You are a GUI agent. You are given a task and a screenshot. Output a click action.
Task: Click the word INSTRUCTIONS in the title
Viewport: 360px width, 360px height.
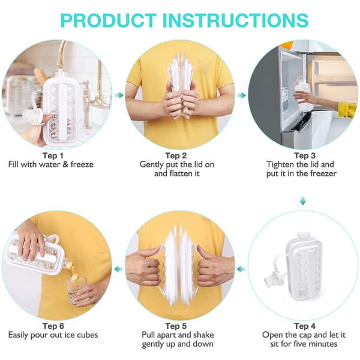[235, 20]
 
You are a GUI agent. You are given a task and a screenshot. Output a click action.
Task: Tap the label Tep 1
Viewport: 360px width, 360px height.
[53, 155]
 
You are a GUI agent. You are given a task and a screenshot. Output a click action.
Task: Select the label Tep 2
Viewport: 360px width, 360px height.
[176, 155]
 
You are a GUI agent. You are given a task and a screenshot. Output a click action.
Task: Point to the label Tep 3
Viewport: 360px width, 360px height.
[305, 155]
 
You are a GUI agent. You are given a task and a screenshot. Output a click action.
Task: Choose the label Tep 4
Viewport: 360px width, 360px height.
[305, 326]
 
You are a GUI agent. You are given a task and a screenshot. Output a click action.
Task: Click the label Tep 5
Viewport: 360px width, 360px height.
[176, 326]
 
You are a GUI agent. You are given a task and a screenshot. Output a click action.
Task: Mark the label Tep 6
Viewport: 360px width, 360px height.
[53, 326]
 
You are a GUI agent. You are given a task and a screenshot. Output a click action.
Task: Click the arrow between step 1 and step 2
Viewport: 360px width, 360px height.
[119, 95]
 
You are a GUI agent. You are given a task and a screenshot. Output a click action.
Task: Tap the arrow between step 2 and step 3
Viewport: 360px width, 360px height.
[241, 95]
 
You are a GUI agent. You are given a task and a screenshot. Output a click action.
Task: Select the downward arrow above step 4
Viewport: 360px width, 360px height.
[303, 200]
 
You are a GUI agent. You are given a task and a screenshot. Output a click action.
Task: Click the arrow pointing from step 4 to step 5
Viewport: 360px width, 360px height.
[241, 269]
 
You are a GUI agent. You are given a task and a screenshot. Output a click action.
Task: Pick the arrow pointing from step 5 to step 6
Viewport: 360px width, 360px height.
[119, 269]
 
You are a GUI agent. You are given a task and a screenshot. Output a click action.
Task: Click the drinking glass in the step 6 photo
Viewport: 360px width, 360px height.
[77, 290]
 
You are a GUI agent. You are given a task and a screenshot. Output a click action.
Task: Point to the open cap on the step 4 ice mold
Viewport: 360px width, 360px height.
[272, 280]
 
